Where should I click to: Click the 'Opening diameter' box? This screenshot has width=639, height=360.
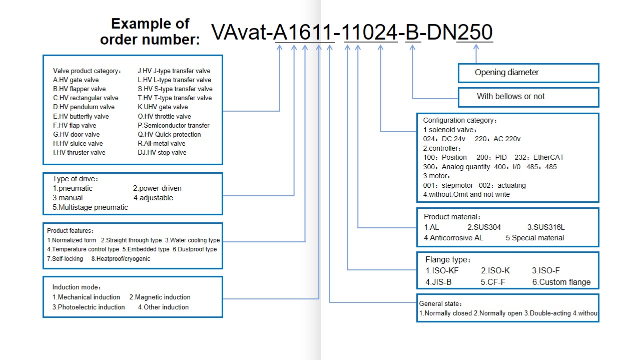[528, 73]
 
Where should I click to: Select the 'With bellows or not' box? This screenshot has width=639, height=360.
[528, 97]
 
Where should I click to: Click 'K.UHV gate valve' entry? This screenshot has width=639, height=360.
[163, 107]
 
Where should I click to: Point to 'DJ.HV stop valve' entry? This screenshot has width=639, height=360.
[162, 153]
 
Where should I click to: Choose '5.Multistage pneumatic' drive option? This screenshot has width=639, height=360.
[90, 207]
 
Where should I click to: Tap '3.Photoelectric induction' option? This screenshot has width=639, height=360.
[89, 307]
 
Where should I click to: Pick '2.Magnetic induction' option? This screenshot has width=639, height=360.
[160, 297]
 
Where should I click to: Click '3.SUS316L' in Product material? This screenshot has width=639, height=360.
[546, 227]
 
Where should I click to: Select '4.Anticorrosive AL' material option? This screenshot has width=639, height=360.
[453, 238]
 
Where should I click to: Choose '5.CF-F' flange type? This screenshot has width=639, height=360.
[493, 282]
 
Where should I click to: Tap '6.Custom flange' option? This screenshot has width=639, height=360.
[561, 282]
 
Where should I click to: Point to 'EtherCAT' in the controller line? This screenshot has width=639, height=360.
[548, 157]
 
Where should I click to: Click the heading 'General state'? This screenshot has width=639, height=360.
[440, 304]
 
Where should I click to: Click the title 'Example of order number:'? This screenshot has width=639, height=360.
[150, 32]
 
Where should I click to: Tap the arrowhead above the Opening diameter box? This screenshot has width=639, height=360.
[476, 47]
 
